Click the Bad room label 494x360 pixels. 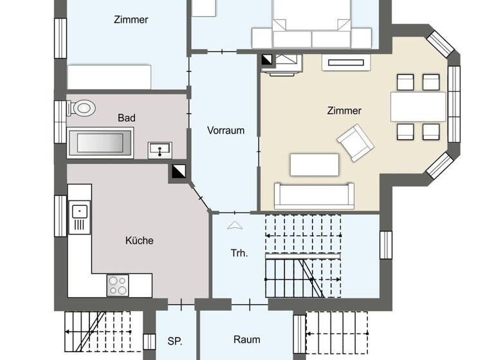(126, 118)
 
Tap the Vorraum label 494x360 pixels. (226, 130)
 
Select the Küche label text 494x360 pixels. (139, 240)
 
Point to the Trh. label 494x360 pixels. (239, 253)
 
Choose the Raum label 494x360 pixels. (246, 339)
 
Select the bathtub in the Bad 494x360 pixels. (100, 142)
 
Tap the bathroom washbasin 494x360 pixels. (160, 150)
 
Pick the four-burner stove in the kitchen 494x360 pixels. (117, 284)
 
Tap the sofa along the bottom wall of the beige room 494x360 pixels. (314, 195)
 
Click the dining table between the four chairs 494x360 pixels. (418, 107)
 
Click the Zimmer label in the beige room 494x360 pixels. (344, 111)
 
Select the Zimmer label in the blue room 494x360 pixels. (131, 20)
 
